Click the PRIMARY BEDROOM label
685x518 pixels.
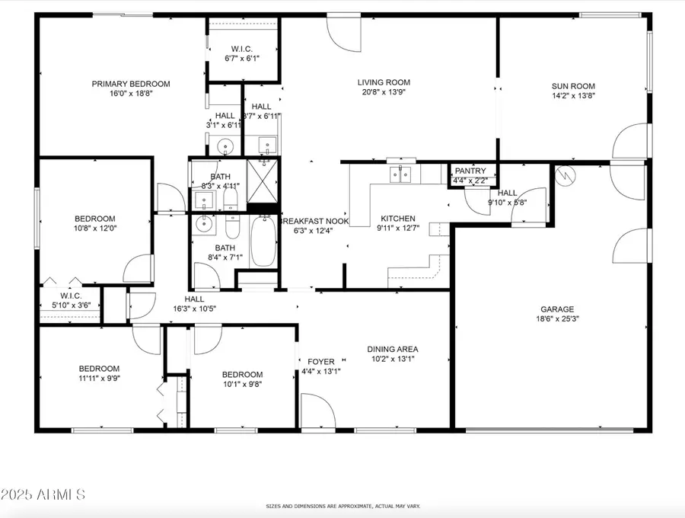pos(131,84)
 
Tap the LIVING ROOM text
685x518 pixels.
pos(384,82)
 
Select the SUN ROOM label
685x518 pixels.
pos(573,86)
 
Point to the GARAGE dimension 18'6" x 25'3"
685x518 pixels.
pos(557,320)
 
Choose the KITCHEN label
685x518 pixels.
pos(397,218)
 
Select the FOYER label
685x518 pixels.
pos(321,361)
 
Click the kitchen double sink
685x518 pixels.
pos(401,174)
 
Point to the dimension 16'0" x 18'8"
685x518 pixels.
pos(131,94)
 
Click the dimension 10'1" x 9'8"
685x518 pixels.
pos(242,385)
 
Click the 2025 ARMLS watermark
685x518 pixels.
pos(43,494)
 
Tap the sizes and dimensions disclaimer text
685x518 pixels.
pos(342,506)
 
